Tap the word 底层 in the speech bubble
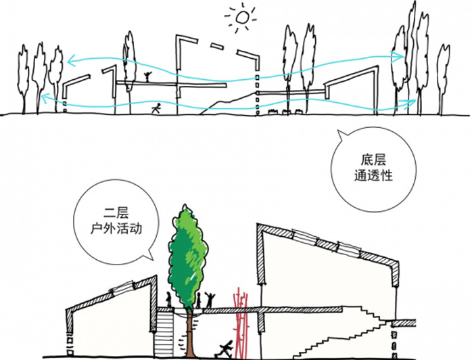pyautogui.click(x=373, y=160)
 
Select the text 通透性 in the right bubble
pyautogui.click(x=373, y=175)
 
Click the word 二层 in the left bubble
pyautogui.click(x=116, y=213)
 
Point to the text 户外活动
pyautogui.click(x=116, y=229)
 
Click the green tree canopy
pyautogui.click(x=188, y=258)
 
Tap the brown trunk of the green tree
pyautogui.click(x=189, y=334)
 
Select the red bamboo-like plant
pyautogui.click(x=241, y=322)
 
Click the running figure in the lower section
pyautogui.click(x=225, y=349)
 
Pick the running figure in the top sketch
pyautogui.click(x=156, y=108)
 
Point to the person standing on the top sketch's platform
pyautogui.click(x=147, y=77)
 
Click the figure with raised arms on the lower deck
pyautogui.click(x=210, y=300)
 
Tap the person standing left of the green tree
pyautogui.click(x=169, y=300)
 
